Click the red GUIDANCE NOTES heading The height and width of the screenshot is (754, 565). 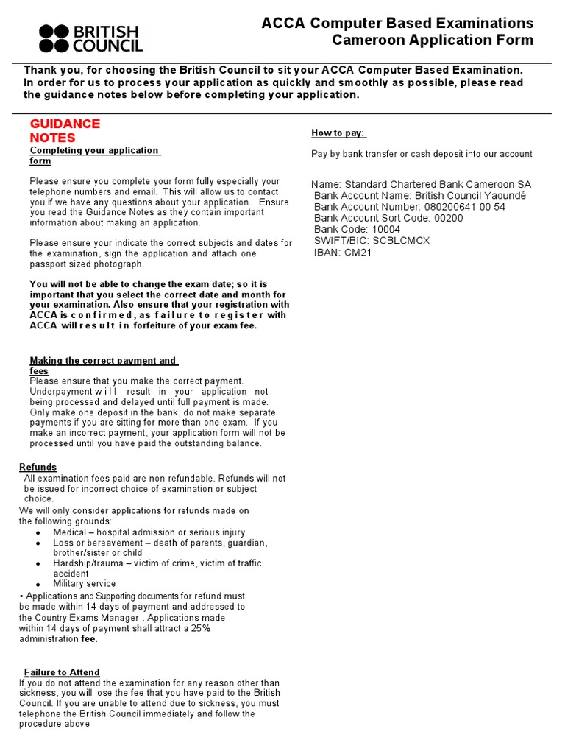tap(65, 130)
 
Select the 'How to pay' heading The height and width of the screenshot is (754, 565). tap(338, 133)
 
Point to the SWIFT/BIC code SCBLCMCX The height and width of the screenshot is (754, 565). tap(402, 240)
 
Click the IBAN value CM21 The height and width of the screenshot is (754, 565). tap(358, 251)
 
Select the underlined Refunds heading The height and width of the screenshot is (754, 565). tap(38, 467)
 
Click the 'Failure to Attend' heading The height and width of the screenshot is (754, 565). tap(62, 672)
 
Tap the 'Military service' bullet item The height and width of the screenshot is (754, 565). tap(85, 584)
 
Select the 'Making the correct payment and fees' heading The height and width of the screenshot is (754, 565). tap(102, 365)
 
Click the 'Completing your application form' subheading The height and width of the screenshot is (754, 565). tap(93, 155)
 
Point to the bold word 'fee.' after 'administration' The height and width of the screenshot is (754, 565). tap(89, 639)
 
